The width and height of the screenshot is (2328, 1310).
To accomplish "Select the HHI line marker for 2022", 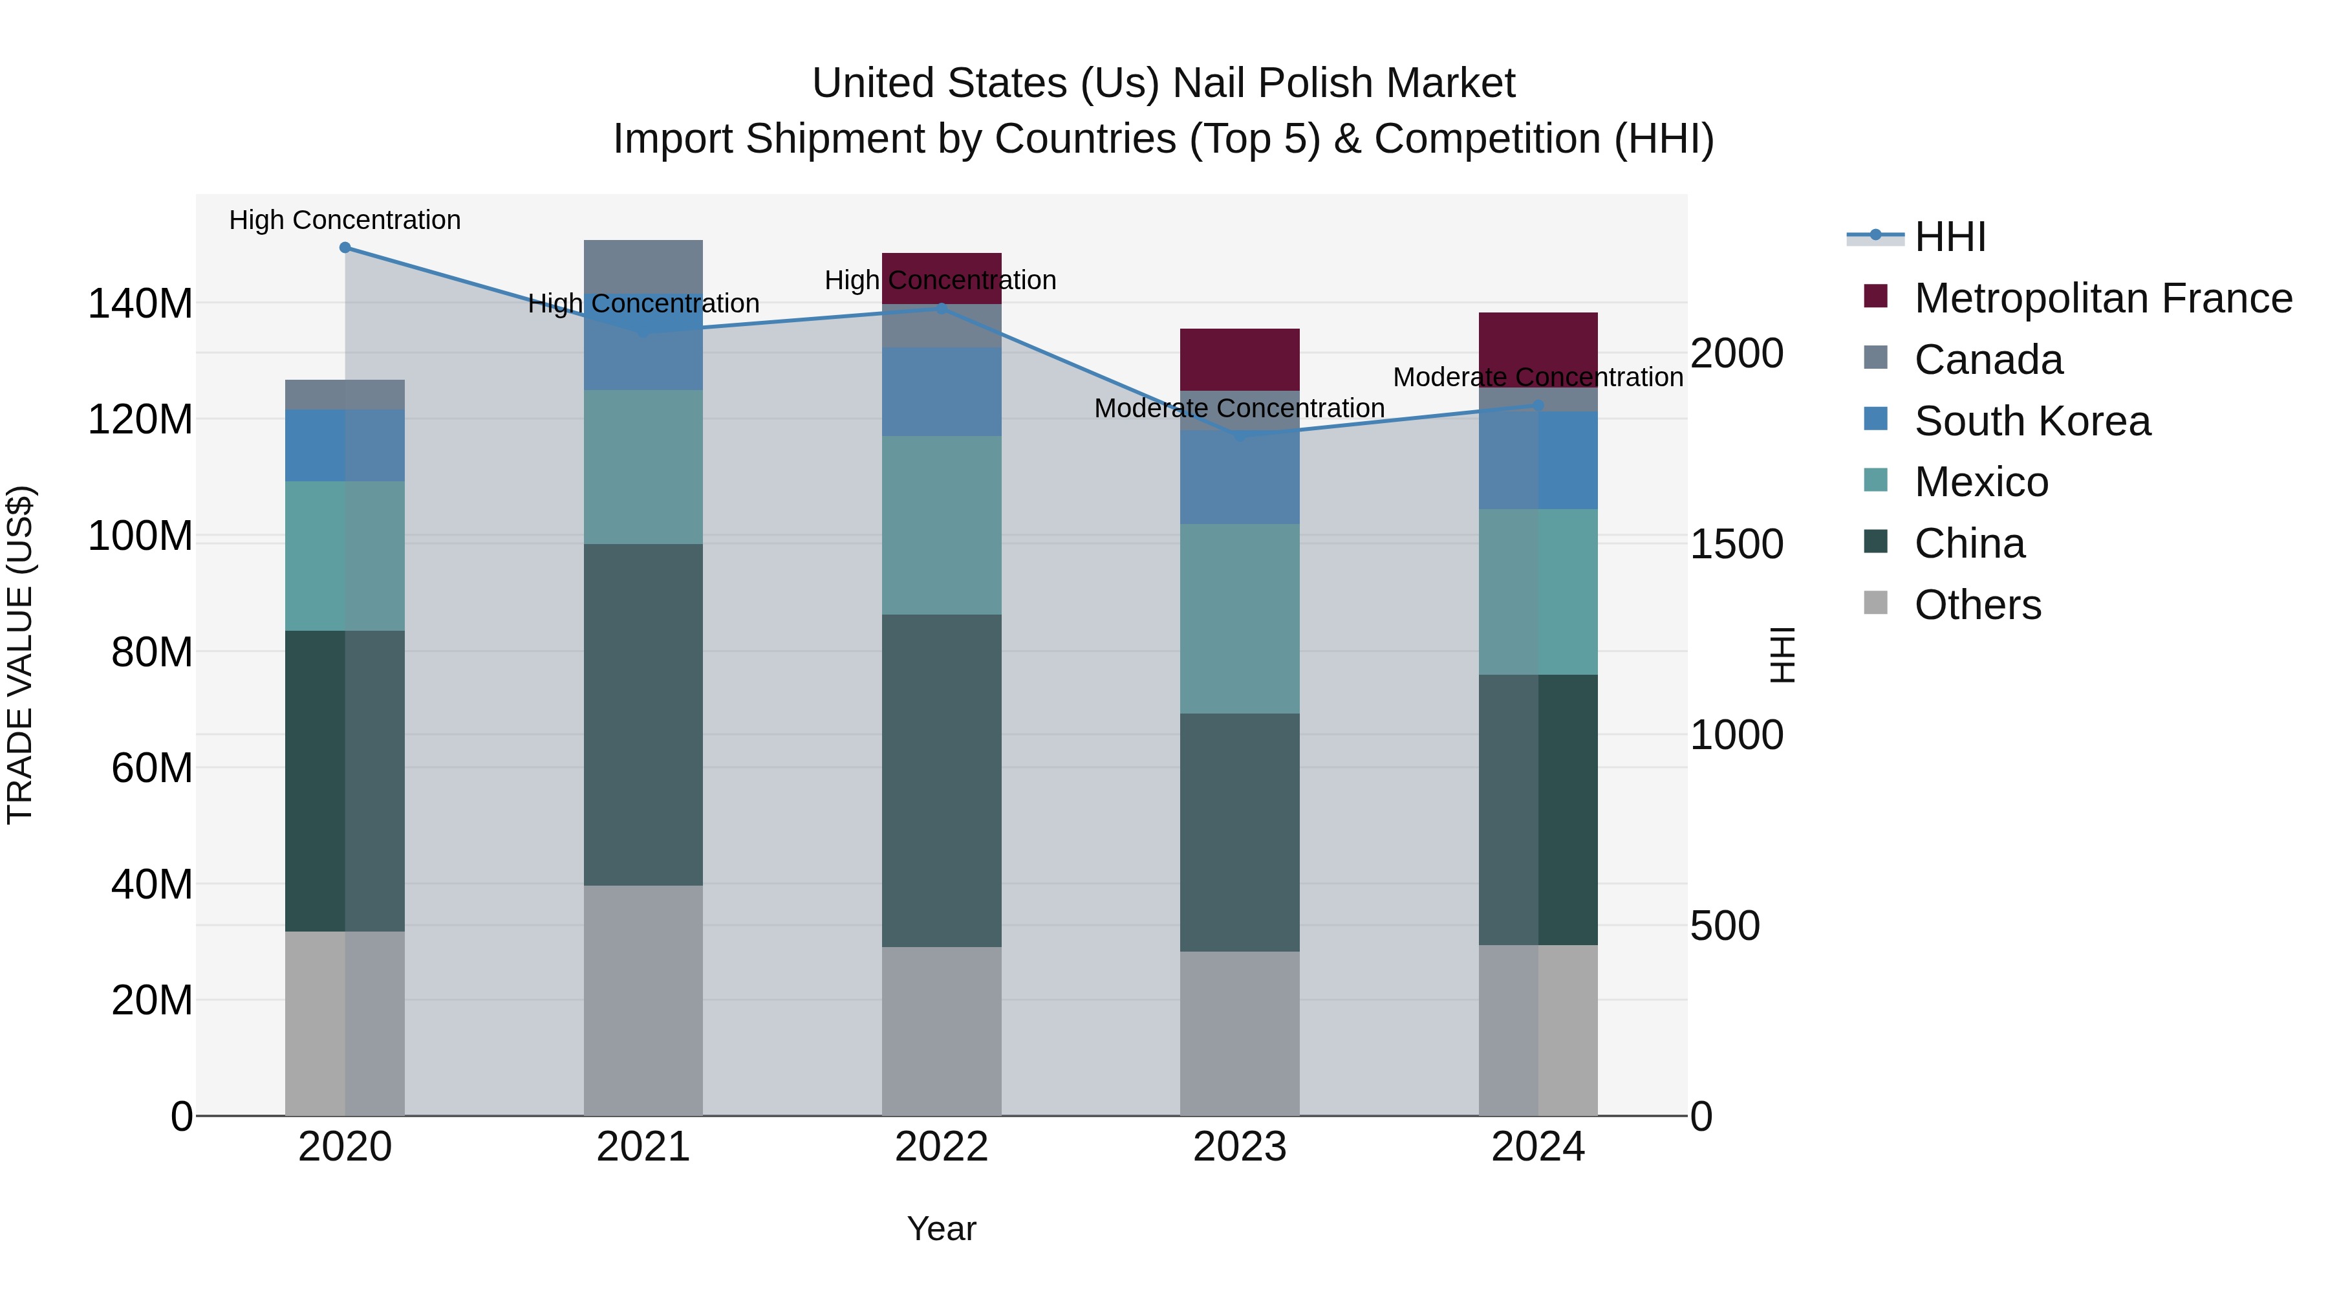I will [x=941, y=309].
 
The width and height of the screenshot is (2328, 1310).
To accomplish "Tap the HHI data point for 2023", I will [x=1239, y=436].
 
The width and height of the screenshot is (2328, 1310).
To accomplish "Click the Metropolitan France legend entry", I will [x=2102, y=298].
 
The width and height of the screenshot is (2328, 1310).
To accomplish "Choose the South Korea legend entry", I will [x=2032, y=421].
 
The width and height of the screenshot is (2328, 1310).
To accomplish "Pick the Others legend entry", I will [x=1978, y=605].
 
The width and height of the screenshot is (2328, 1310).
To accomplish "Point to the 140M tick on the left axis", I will [x=140, y=304].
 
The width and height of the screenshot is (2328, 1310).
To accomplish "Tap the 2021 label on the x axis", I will [x=643, y=1147].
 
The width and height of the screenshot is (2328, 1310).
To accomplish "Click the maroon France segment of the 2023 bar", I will [x=1239, y=359].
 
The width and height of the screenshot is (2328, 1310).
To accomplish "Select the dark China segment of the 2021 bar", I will [x=643, y=714].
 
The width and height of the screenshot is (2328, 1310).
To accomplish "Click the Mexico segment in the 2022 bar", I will [x=941, y=525].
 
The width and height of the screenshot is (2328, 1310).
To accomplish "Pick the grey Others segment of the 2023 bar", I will [x=1239, y=1032].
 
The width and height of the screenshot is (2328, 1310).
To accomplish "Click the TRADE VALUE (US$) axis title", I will [x=20, y=655].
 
